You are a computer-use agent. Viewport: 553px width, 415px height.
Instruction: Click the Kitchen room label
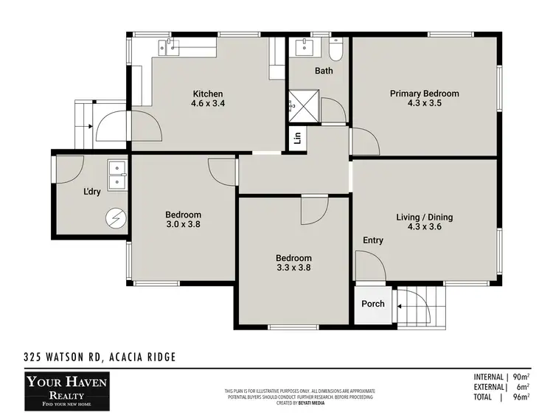[208, 94]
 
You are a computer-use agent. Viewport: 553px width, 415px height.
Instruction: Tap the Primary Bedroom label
[424, 94]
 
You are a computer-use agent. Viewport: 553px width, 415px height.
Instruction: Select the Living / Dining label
[424, 217]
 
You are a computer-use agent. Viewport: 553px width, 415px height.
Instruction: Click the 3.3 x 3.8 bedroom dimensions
[293, 268]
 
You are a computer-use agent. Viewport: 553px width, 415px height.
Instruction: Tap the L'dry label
[91, 192]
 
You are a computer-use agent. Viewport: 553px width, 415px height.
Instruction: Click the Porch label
[373, 304]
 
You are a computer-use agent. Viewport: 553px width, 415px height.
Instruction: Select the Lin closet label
[297, 138]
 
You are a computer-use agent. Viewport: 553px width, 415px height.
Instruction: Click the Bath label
[324, 71]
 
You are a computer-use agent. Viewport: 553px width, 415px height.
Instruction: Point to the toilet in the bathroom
[336, 50]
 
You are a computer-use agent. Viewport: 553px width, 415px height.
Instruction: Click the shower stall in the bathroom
[300, 104]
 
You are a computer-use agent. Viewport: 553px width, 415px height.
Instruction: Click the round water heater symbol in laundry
[115, 217]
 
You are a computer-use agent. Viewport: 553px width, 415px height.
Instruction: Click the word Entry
[373, 240]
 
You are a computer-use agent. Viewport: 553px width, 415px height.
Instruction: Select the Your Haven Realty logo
[66, 389]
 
